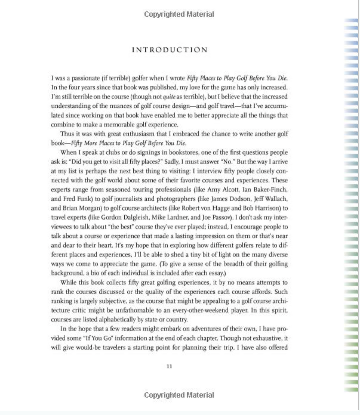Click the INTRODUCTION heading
[x=170, y=50]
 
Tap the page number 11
[x=169, y=366]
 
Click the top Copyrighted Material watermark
[x=179, y=14]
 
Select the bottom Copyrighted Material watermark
[x=179, y=395]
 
